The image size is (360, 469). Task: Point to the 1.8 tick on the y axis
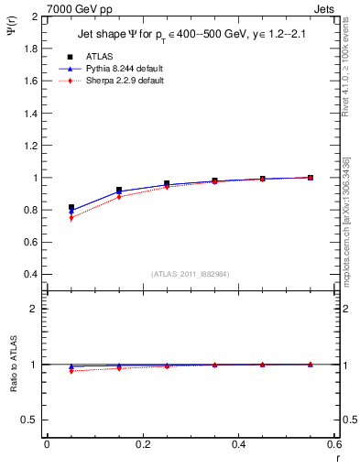[x=31, y=49]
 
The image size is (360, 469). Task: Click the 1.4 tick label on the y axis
[x=31, y=114]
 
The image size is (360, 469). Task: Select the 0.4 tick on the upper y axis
[x=31, y=274]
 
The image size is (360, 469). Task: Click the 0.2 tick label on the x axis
[x=142, y=443]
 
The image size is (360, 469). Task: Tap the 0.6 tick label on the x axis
[x=333, y=443]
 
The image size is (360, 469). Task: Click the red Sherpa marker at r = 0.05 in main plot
[x=71, y=218]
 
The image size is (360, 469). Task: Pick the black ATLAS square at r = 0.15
[x=119, y=191]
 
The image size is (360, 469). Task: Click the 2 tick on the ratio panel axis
[x=33, y=309]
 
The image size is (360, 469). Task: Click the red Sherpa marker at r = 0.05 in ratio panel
[x=71, y=371]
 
